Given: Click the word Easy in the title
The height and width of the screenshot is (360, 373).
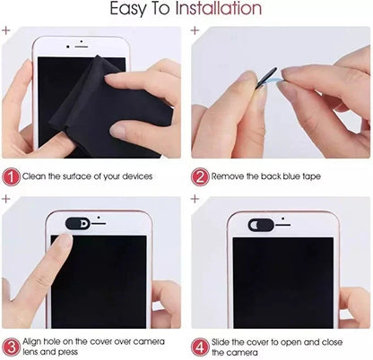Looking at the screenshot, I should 130,11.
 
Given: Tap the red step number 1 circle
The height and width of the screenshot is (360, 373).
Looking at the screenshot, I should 11,176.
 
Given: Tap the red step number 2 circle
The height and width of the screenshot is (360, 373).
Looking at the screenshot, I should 199,176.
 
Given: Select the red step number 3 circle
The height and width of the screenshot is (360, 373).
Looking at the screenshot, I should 11,345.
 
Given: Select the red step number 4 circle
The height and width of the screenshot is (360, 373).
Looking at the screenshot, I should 199,345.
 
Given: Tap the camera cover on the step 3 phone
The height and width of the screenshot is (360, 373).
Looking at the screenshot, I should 78,220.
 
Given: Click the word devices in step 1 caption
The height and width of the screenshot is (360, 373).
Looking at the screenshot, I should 135,177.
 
